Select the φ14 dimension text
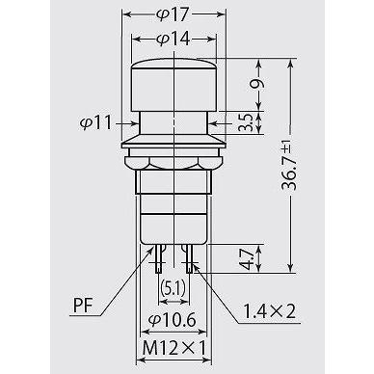[174, 40]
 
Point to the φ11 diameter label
[95, 122]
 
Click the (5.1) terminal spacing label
[174, 288]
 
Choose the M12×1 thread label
[174, 348]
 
